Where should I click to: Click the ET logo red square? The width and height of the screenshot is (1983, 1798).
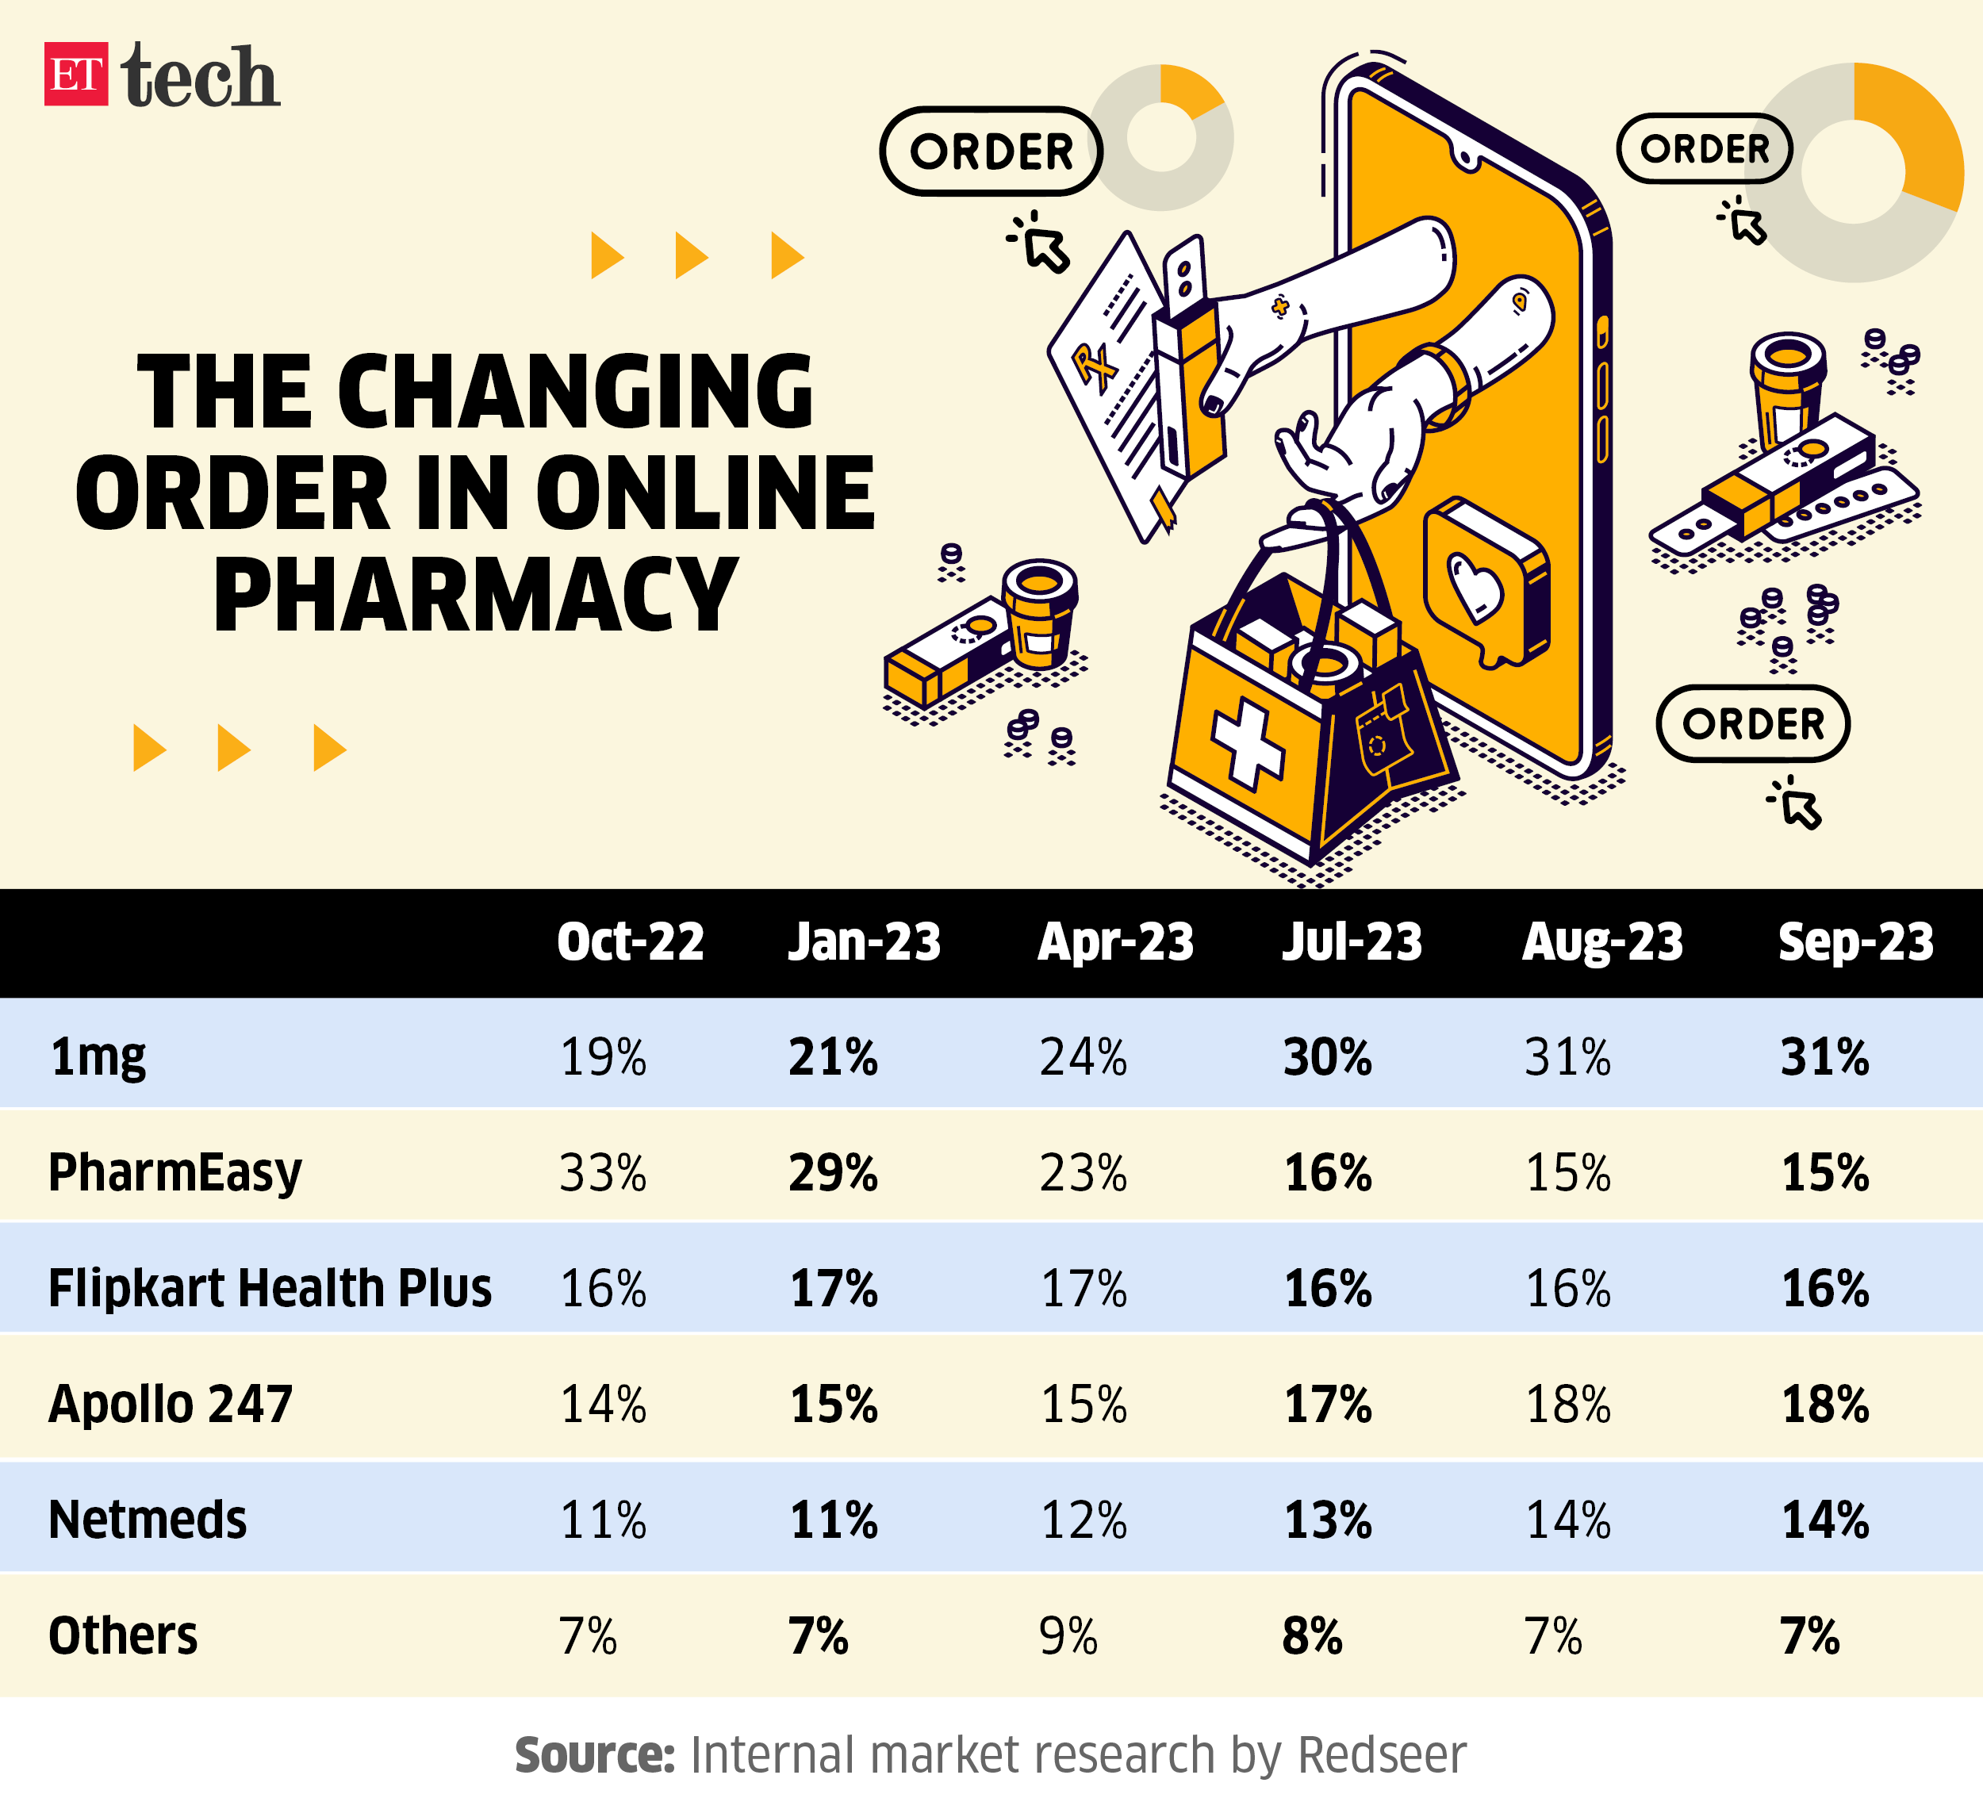pyautogui.click(x=75, y=74)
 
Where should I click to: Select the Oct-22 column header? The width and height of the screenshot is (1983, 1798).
pyautogui.click(x=630, y=941)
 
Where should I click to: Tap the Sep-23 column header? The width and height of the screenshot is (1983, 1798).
pyautogui.click(x=1855, y=941)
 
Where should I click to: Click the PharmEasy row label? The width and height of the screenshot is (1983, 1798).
pyautogui.click(x=175, y=1172)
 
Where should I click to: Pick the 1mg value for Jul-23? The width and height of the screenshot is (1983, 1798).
pyautogui.click(x=1327, y=1057)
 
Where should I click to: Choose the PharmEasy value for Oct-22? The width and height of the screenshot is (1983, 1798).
pyautogui.click(x=603, y=1172)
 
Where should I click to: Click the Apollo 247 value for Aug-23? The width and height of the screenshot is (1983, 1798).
pyautogui.click(x=1568, y=1404)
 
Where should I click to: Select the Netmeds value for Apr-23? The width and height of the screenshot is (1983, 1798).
pyautogui.click(x=1083, y=1520)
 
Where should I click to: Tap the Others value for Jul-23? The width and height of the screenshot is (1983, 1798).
pyautogui.click(x=1312, y=1635)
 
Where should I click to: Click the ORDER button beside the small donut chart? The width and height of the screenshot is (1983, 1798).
pyautogui.click(x=991, y=151)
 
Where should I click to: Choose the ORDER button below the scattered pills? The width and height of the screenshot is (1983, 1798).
pyautogui.click(x=1753, y=724)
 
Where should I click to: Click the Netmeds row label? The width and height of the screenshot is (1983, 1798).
pyautogui.click(x=148, y=1520)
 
